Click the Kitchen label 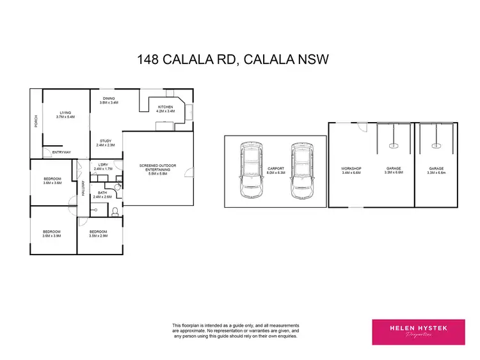click(x=166, y=107)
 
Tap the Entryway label click(x=62, y=152)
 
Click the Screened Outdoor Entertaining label click(x=157, y=167)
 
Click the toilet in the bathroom click(x=115, y=212)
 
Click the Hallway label click(x=83, y=189)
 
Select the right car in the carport click(x=300, y=170)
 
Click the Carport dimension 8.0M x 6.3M click(x=275, y=173)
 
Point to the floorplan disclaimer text click(x=235, y=331)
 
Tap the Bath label click(x=102, y=193)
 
